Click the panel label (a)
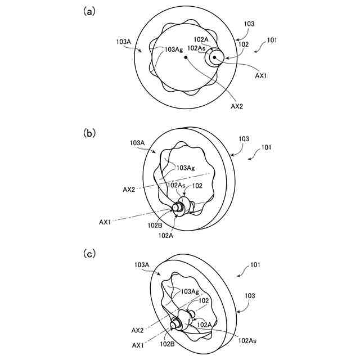88,11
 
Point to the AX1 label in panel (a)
260,76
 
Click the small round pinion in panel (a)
215,57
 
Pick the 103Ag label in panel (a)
173,49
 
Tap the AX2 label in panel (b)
128,190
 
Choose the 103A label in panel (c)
142,264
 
